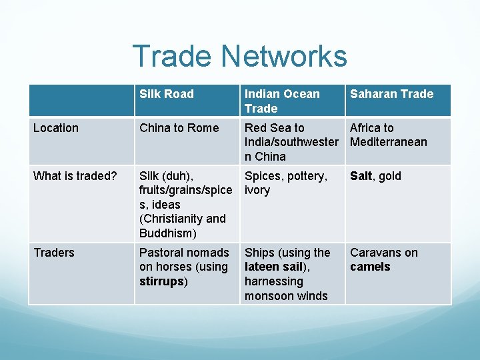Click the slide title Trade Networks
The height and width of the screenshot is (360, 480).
[239, 56]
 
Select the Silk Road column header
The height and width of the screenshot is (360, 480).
[167, 94]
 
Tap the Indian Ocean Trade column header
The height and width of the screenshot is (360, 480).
[282, 101]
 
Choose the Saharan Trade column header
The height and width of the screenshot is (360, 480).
[391, 94]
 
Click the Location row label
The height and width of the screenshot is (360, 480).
[56, 128]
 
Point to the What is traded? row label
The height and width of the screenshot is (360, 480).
[75, 176]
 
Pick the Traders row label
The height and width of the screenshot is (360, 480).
[54, 253]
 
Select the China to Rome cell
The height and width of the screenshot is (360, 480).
[179, 128]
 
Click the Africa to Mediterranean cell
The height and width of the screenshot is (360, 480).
[388, 135]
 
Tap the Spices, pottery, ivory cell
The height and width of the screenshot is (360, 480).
[286, 183]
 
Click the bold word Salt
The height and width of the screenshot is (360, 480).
[361, 176]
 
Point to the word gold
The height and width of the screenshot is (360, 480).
[389, 176]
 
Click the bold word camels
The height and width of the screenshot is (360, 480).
[370, 267]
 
